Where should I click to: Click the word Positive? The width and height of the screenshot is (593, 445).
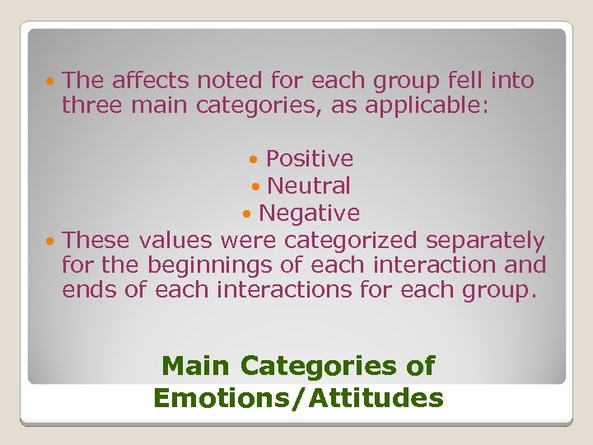point(309,158)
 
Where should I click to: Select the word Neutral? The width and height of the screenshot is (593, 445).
point(309,185)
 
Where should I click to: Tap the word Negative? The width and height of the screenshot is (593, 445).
point(309,213)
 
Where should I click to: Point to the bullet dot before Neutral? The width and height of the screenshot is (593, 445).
point(255,186)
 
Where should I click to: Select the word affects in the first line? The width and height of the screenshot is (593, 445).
point(150,81)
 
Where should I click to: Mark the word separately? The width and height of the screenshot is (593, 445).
point(485,241)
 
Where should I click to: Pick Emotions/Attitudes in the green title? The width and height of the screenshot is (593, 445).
point(298,398)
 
